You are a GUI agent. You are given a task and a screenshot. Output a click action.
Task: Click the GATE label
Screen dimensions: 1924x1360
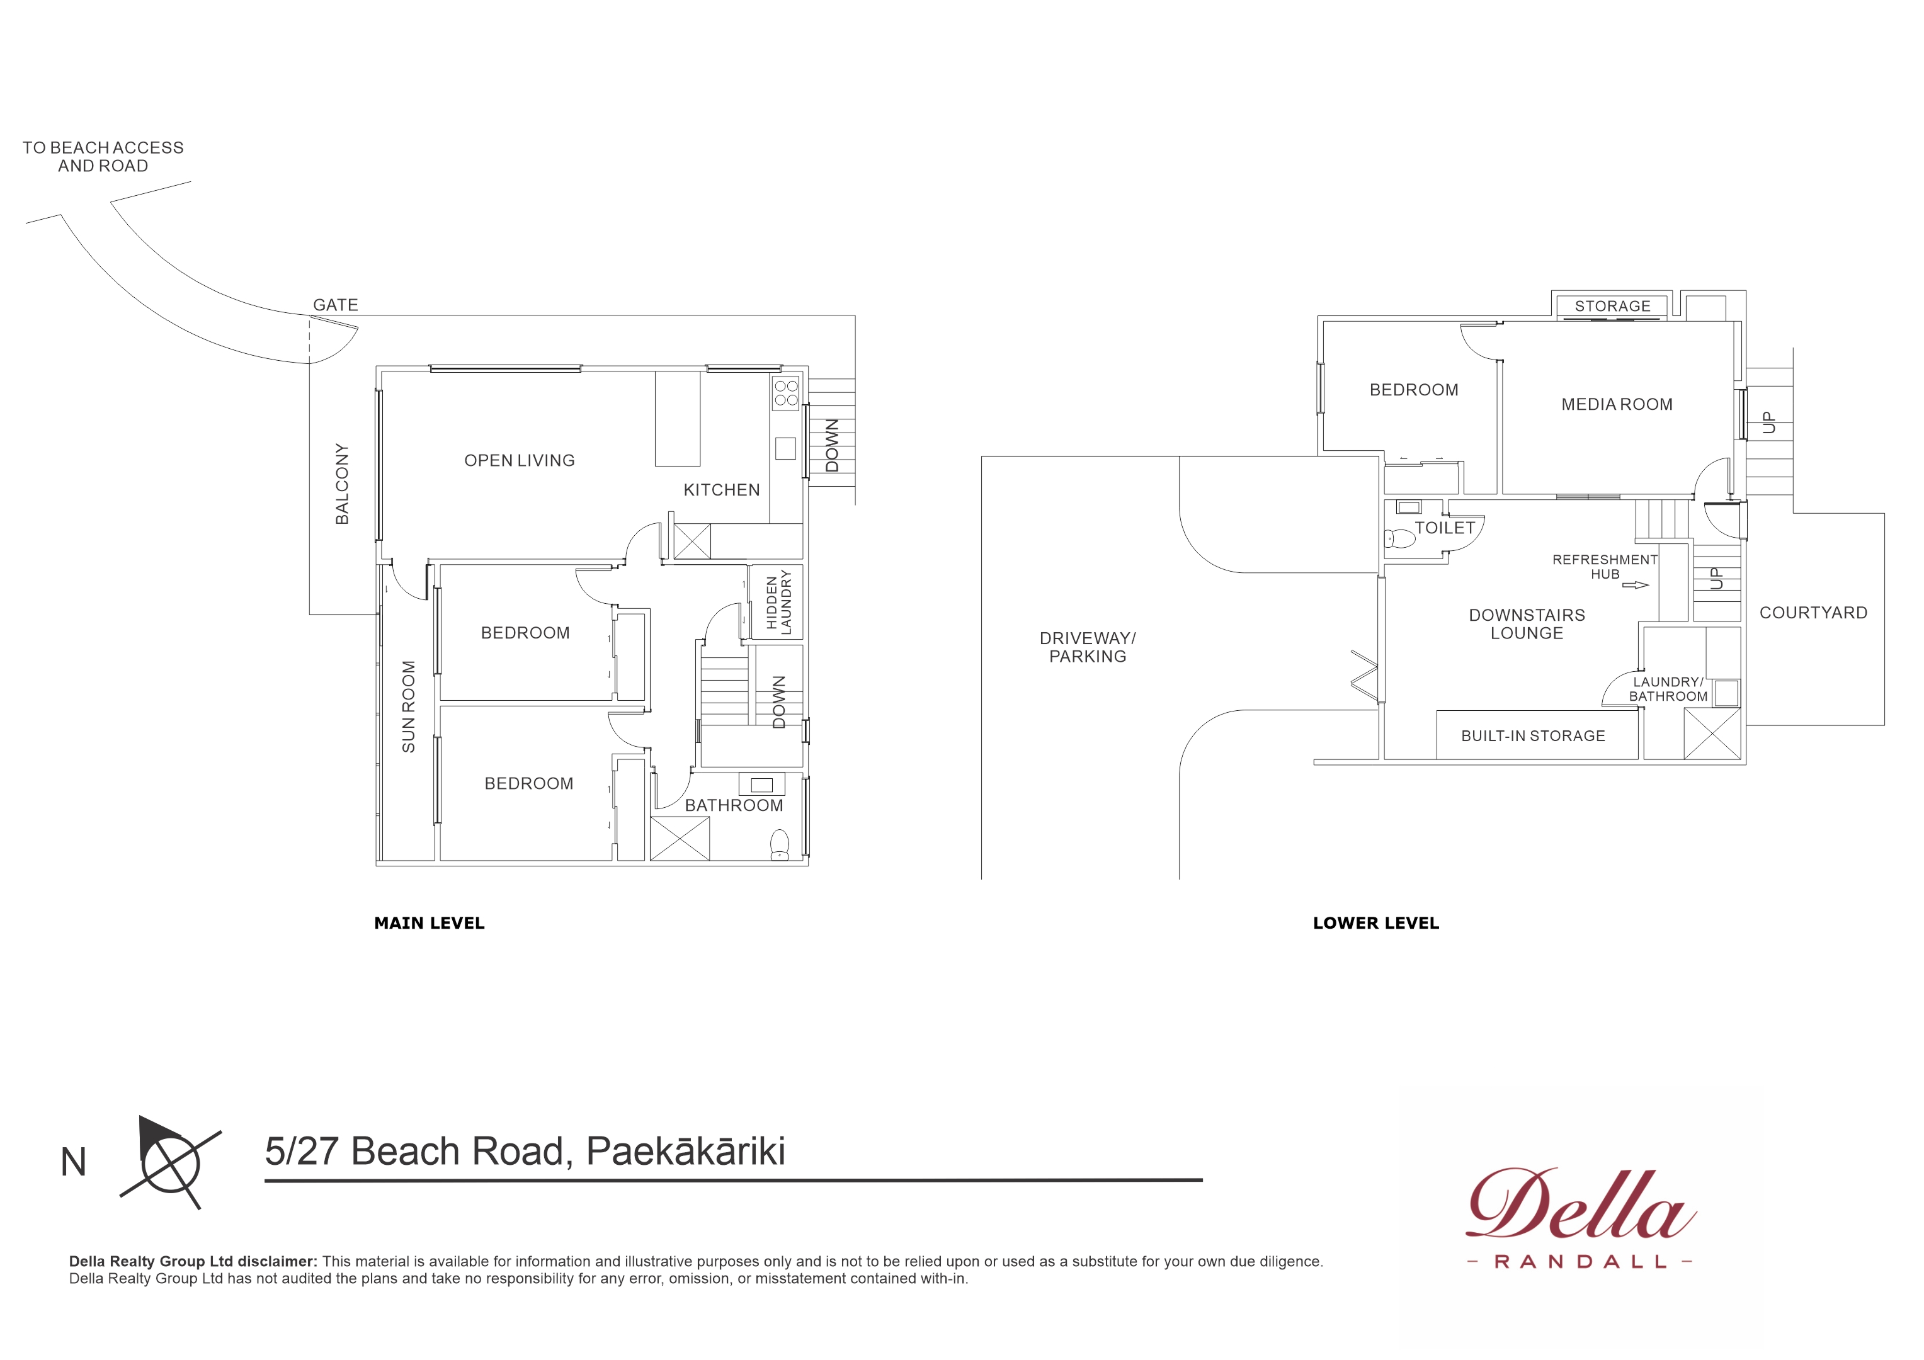coord(335,305)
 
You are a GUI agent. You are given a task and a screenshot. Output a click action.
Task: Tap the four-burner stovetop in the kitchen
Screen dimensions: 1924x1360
coord(786,393)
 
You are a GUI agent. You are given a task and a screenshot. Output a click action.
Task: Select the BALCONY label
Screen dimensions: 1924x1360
coord(342,484)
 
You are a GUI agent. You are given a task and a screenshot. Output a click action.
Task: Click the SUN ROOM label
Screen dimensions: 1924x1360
coord(408,706)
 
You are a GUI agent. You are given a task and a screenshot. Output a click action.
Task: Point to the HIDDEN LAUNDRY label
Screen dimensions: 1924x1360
coord(778,602)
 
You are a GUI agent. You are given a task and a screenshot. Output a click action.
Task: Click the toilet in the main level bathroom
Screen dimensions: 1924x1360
coord(779,844)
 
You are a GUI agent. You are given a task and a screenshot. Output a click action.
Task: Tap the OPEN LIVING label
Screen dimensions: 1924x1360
coord(520,460)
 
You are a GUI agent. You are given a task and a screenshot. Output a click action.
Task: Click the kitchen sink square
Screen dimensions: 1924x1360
coord(785,448)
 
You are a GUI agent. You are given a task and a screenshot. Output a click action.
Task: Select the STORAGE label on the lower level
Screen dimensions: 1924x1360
coord(1612,306)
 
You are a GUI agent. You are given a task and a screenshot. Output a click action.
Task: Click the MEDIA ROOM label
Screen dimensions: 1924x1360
coord(1617,404)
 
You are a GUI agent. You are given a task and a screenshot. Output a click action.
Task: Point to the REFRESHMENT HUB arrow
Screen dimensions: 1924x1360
coord(1635,585)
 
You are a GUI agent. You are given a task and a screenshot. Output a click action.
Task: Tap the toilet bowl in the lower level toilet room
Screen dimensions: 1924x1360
coord(1399,538)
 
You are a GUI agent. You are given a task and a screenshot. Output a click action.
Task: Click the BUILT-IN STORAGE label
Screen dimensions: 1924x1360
coord(1533,736)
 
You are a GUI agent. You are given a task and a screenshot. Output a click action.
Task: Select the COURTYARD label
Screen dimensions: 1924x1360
coord(1813,613)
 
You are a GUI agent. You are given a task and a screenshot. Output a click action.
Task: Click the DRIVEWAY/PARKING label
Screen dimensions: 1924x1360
coord(1088,647)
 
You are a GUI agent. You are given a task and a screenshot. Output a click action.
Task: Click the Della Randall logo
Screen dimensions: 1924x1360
coord(1580,1216)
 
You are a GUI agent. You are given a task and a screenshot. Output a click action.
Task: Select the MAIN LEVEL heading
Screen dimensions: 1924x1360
coord(429,924)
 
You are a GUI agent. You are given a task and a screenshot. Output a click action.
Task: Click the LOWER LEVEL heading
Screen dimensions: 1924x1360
coord(1376,924)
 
